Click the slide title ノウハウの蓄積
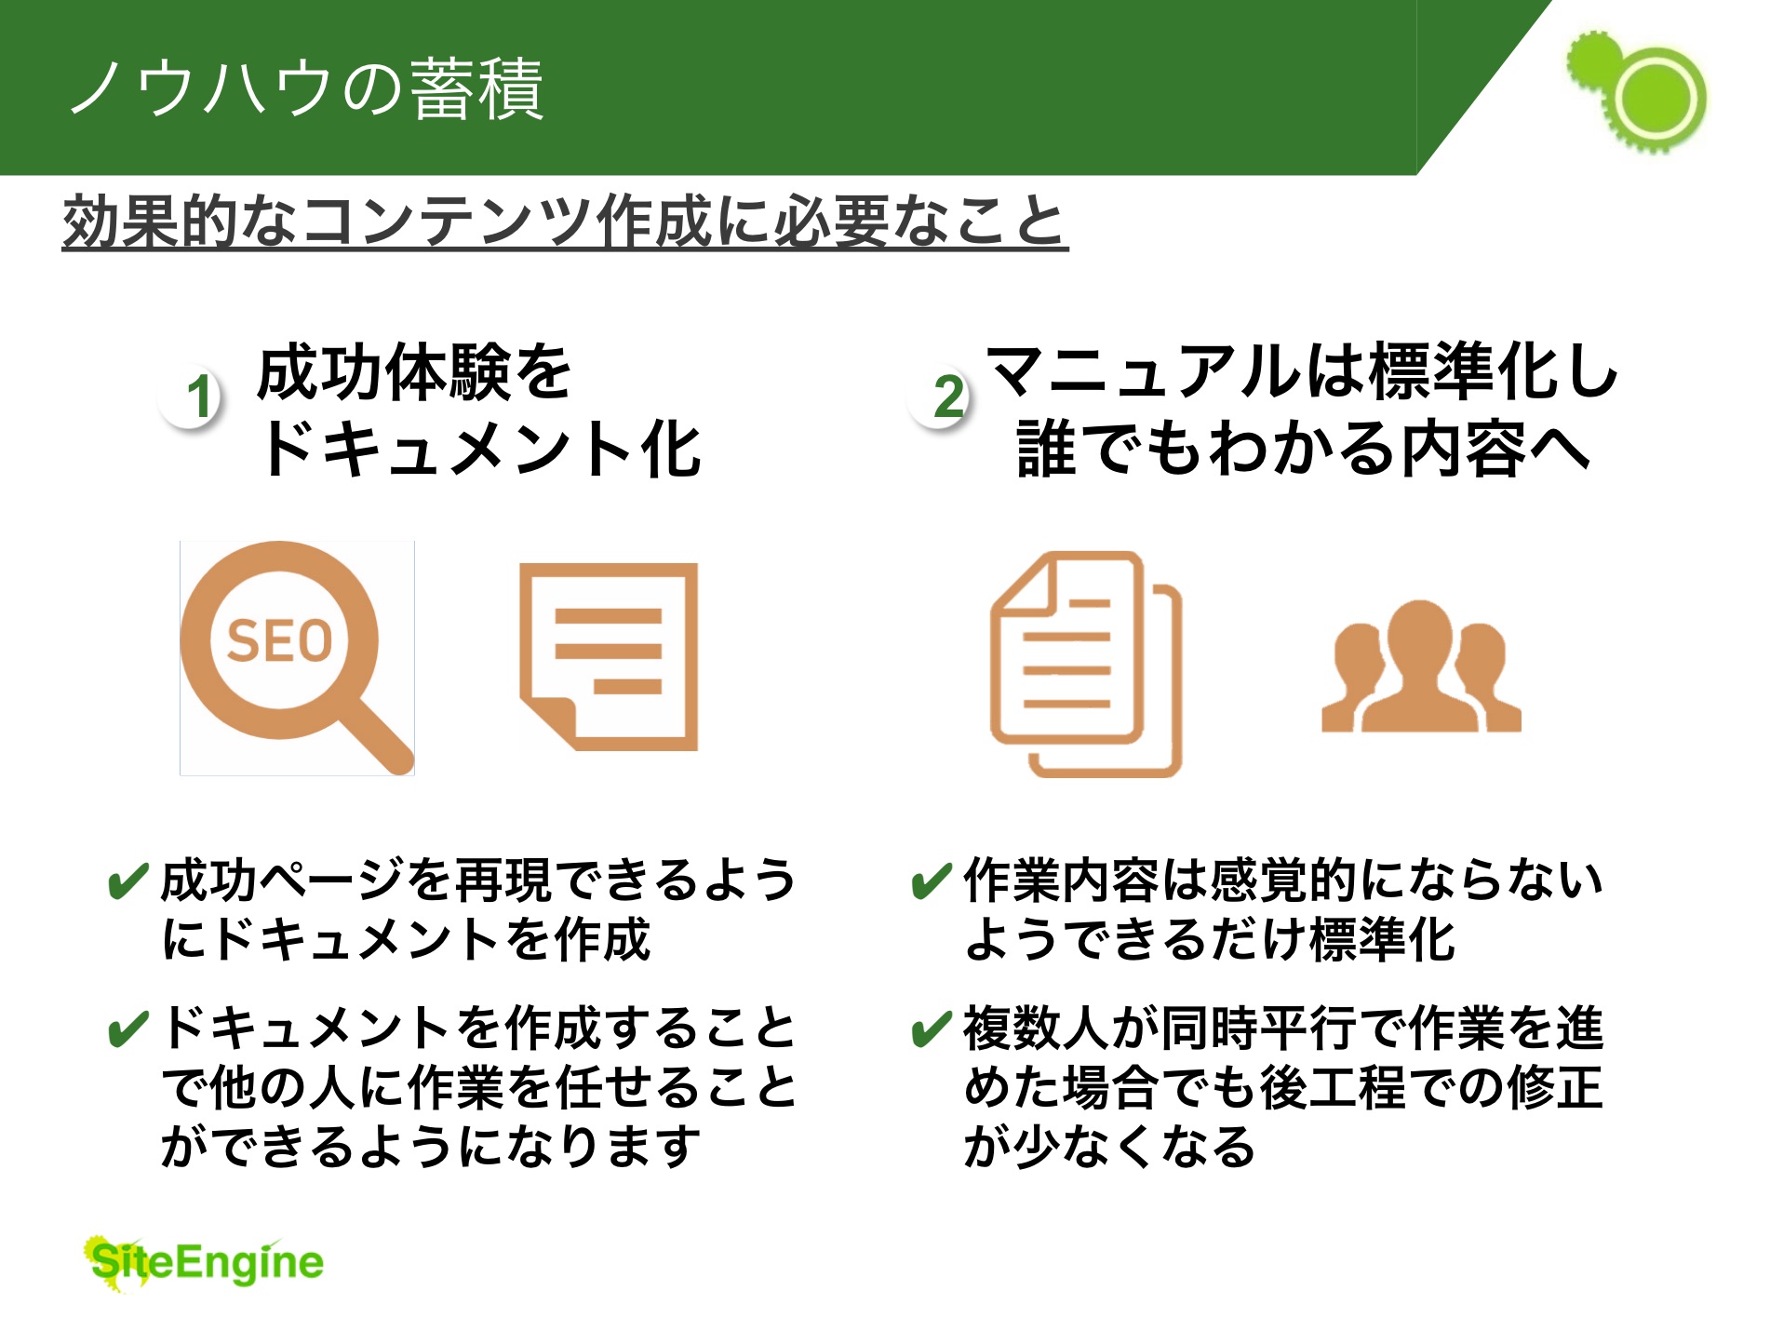[307, 88]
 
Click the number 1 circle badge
[192, 396]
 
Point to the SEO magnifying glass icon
[297, 658]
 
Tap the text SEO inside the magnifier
[279, 640]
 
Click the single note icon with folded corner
[609, 657]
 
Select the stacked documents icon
[1086, 664]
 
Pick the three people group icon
[1421, 665]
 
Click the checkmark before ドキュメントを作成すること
[128, 1028]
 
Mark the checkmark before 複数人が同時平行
[932, 1028]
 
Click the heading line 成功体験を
[414, 372]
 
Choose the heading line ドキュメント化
[480, 449]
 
